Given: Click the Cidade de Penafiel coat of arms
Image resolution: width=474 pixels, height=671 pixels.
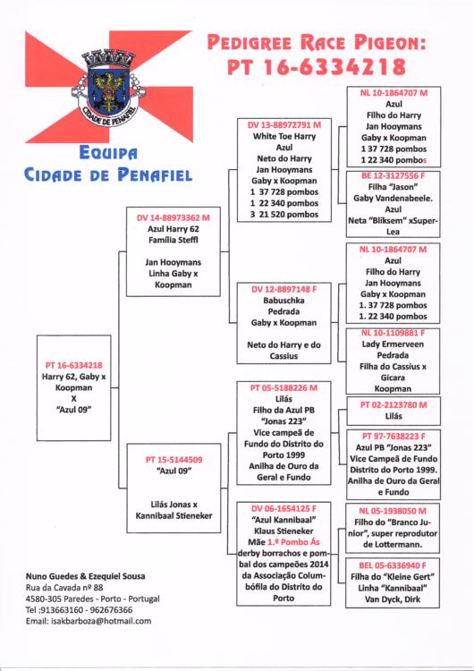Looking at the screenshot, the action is pos(109,89).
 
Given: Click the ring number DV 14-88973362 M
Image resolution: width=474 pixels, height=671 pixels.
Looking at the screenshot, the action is pos(174,217).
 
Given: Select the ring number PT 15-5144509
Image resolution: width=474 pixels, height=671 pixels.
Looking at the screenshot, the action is pos(174,460).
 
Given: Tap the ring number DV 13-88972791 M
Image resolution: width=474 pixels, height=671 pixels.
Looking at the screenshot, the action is pos(284,125).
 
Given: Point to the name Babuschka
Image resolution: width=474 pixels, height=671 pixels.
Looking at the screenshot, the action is pos(284,301).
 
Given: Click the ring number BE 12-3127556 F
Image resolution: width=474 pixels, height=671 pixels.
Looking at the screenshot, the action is pos(393,175).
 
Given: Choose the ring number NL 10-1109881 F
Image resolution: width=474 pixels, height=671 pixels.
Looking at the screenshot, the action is pos(393,333).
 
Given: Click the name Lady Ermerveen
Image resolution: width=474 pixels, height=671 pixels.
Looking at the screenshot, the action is pos(393,344).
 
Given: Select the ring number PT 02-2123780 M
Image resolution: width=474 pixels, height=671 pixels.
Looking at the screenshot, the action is pos(394,404).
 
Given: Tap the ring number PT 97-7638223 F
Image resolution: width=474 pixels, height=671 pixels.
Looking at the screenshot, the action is pos(394,437).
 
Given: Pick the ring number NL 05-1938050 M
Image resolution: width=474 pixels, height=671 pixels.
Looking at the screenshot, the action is pos(393,511).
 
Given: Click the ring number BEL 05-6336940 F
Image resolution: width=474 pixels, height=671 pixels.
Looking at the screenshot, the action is pos(393,565).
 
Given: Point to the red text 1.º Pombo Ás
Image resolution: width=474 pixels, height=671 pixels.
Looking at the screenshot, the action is pos(293,542).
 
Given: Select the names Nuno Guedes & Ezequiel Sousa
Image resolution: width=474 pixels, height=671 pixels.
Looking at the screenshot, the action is pos(85,576).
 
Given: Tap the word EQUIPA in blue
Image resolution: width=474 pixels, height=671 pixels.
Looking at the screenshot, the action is pos(108,153).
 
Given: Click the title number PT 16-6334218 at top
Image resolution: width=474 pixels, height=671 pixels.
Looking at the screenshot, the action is pos(316,67).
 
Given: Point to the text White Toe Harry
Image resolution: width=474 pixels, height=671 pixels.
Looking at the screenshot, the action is pos(284,137).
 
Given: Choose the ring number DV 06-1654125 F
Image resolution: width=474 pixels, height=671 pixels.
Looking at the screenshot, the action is pos(284,509).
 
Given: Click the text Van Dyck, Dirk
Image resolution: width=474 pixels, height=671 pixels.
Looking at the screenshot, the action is pos(393,599).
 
